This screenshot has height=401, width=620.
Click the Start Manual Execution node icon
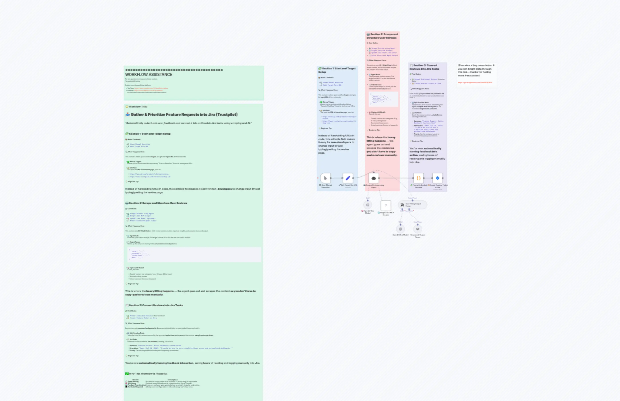click(x=325, y=178)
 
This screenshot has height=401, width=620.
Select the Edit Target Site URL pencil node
click(x=348, y=178)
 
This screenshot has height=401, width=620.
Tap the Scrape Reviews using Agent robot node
click(x=374, y=178)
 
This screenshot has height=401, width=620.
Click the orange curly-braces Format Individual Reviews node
click(x=419, y=178)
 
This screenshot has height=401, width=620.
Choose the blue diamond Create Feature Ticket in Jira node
click(x=437, y=178)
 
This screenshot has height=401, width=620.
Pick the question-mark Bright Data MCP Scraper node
click(x=386, y=205)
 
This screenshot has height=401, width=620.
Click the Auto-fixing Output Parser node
click(x=413, y=205)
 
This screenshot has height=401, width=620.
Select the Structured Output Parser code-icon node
click(x=418, y=229)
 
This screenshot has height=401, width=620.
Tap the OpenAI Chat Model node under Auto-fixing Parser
click(x=401, y=229)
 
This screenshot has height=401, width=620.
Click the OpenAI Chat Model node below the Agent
click(x=368, y=205)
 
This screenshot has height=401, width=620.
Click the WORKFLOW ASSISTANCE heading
click(x=149, y=74)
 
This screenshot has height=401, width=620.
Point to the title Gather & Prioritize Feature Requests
click(x=184, y=115)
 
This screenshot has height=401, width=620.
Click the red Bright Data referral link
click(x=475, y=83)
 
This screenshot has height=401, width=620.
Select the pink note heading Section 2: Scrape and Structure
click(x=382, y=36)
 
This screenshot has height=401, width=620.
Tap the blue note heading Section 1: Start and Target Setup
click(x=337, y=70)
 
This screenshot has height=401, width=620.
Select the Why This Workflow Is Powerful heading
click(x=148, y=374)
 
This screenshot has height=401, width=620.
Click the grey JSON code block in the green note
click(x=194, y=254)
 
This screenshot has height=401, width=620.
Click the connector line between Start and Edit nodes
click(x=337, y=178)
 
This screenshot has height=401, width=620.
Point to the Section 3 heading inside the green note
click(x=156, y=305)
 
